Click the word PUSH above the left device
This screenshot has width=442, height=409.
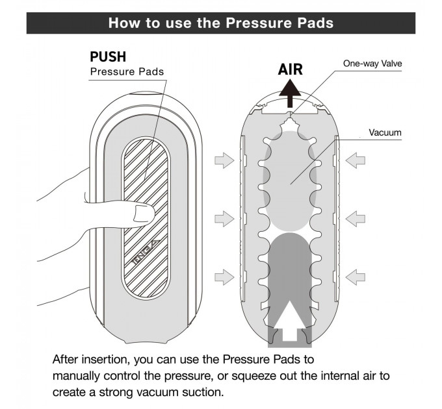pos(108,57)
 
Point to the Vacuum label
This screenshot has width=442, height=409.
pos(385,132)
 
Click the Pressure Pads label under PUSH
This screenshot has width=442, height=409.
pos(127,72)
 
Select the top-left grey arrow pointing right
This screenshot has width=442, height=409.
pos(224,159)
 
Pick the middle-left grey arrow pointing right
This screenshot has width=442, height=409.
pos(224,219)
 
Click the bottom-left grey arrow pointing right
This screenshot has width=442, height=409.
pos(224,277)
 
